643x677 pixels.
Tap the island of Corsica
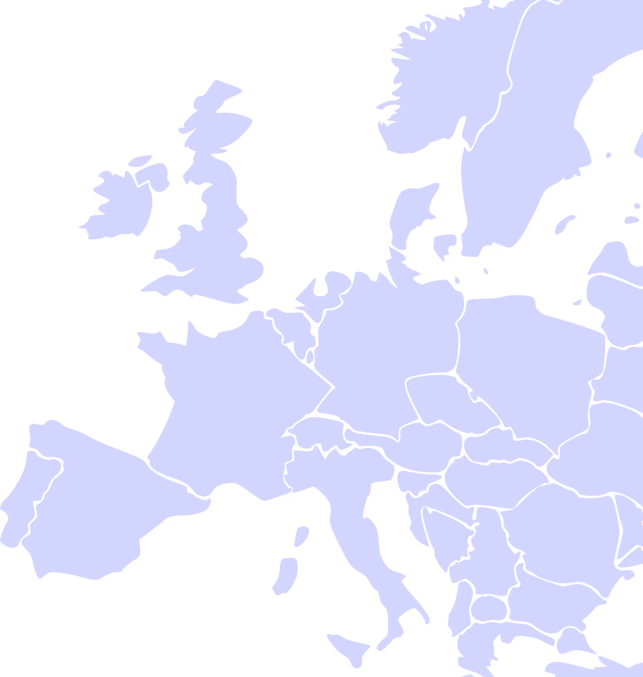pyautogui.click(x=302, y=536)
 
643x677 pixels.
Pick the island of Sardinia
pyautogui.click(x=285, y=575)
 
